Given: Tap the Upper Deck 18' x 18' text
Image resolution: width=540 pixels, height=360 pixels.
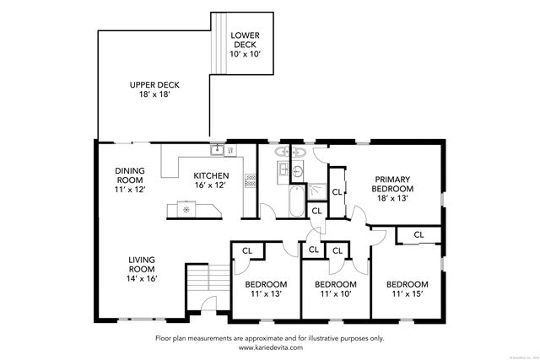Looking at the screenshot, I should tap(154, 90).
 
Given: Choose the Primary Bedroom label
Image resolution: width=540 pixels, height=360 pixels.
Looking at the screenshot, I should tap(392, 184).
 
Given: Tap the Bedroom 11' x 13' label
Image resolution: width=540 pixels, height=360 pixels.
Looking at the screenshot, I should tap(267, 289).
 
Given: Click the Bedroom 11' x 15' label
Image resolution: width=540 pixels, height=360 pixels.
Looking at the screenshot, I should tap(408, 289).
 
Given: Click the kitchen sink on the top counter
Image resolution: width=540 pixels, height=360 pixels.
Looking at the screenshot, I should tap(218, 150).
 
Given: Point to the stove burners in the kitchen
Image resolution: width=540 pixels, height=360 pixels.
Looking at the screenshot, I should tap(250, 179).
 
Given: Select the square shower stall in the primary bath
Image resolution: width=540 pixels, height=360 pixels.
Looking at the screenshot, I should tap(316, 191).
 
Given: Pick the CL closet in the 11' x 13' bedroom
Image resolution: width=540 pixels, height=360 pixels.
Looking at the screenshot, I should tap(248, 250).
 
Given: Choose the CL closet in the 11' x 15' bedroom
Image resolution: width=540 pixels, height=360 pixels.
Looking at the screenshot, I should tap(418, 234).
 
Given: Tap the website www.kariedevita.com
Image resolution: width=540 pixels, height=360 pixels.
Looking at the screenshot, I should tap(269, 347).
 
